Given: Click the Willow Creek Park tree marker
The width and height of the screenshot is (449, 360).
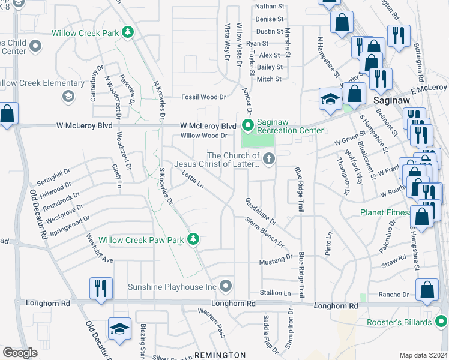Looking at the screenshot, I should point(127,32).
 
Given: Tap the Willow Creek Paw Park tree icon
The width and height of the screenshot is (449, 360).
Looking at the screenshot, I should point(193,240).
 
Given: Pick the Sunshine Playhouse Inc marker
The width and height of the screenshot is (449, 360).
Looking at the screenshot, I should point(226,286).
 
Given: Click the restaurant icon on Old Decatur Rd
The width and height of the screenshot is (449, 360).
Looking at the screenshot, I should point(99,288).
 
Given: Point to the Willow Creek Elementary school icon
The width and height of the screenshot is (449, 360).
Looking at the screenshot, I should point(68,95).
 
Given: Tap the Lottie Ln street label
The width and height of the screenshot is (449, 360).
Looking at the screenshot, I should point(193,179).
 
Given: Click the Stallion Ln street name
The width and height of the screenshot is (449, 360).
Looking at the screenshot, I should point(274,292).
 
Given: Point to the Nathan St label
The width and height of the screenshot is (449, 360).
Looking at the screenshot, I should point(270,7).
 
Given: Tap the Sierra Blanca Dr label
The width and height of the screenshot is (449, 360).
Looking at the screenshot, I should point(265,232).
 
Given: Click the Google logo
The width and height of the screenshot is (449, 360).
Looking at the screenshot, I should point(20,353).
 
